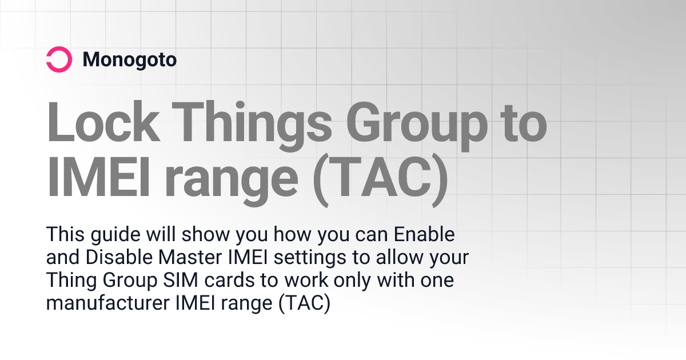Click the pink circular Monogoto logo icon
pyautogui.click(x=58, y=59)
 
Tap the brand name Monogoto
pyautogui.click(x=129, y=59)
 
